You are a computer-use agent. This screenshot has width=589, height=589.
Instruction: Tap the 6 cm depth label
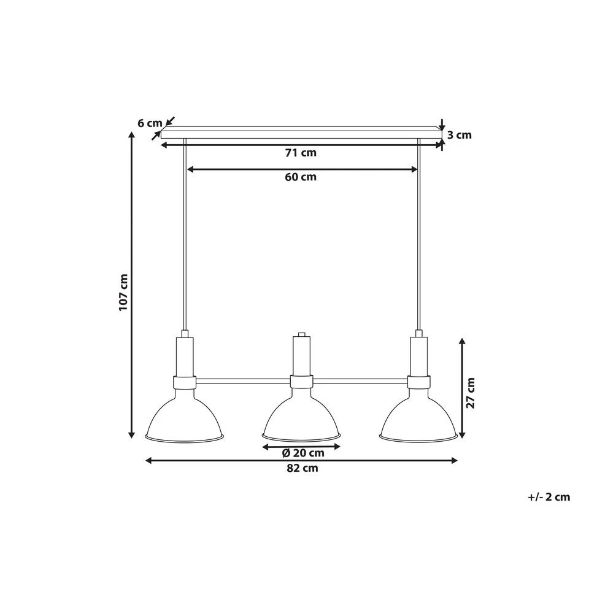tap(149, 123)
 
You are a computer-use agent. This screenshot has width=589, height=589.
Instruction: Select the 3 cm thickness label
tap(459, 135)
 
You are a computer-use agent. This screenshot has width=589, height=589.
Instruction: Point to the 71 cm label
tap(301, 153)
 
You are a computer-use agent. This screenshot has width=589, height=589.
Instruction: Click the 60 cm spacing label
tap(301, 177)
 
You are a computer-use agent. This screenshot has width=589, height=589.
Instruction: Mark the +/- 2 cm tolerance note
tap(549, 497)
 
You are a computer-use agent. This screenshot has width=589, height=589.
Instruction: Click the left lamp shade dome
tap(185, 417)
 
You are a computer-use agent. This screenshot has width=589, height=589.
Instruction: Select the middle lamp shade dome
tap(301, 417)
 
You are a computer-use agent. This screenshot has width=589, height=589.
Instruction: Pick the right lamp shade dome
tap(418, 417)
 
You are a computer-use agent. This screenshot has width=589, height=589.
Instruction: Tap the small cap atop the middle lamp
tap(301, 335)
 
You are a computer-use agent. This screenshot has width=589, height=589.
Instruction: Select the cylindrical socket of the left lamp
tap(185, 356)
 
